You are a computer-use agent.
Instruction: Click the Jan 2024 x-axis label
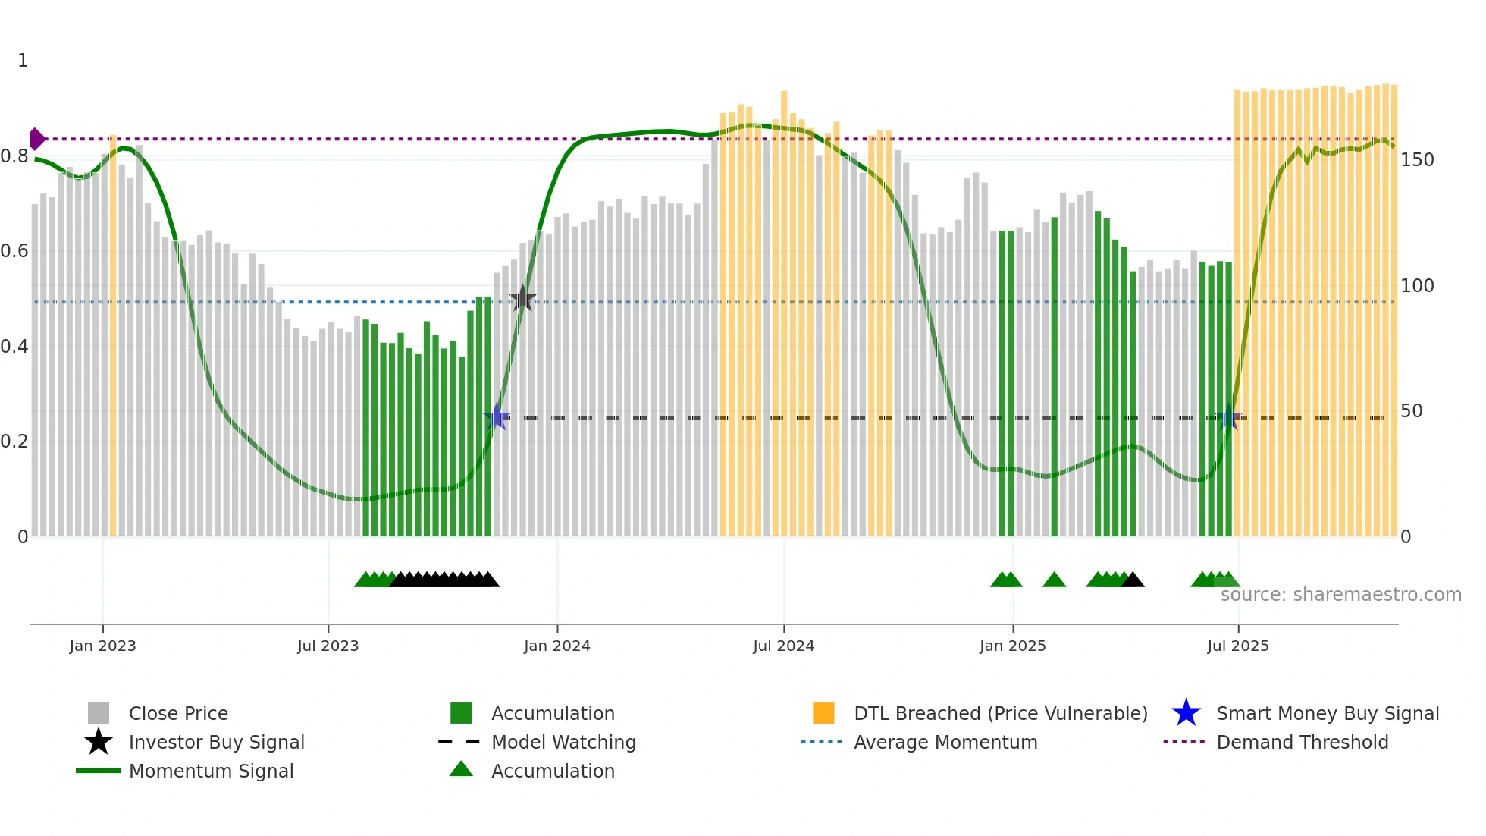556,646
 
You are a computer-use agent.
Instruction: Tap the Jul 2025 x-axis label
1237,646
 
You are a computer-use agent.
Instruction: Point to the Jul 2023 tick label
328,646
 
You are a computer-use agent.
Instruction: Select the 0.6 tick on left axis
15,251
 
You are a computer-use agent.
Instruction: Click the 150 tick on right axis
1417,160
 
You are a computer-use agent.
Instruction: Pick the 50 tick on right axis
1411,411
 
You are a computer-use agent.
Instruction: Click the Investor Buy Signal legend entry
216,742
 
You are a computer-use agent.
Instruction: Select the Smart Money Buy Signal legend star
1186,713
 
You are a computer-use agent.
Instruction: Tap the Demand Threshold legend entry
1302,742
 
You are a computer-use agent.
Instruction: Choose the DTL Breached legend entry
1000,713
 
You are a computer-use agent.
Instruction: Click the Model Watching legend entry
563,742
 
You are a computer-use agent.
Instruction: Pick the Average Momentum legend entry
945,742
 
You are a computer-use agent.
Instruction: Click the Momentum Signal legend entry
211,771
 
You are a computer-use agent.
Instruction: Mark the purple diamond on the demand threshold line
36,139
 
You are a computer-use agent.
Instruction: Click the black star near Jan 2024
522,298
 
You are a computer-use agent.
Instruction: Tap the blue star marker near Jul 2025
1229,416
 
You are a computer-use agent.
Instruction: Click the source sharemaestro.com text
1340,594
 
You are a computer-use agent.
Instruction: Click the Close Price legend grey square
99,713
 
